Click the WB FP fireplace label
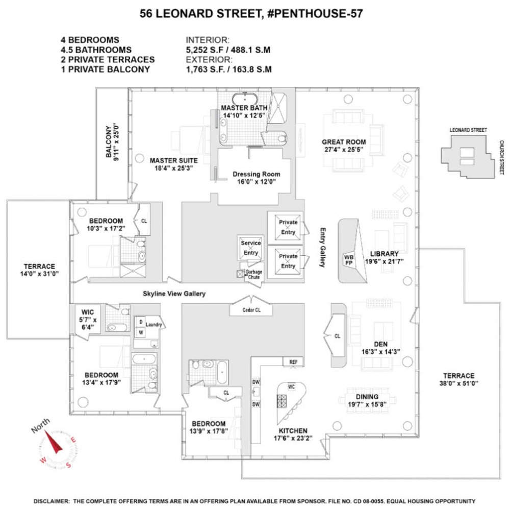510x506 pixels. [349, 260]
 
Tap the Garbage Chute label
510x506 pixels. [253, 274]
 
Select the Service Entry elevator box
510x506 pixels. [250, 248]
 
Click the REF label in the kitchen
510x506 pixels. [293, 362]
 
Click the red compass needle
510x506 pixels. [53, 442]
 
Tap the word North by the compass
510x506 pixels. [41, 425]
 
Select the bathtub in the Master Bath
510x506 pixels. [245, 99]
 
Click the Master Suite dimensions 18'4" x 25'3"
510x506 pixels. [174, 168]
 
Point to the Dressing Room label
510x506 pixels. [257, 174]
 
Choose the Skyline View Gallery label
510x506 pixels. [174, 294]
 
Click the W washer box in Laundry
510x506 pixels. [141, 332]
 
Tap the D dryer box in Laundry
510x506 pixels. [141, 322]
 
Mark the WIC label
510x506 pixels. [88, 312]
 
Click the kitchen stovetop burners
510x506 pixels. [282, 401]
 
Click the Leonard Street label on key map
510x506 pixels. [468, 130]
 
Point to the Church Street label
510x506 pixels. [501, 158]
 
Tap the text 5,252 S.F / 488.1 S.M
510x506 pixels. [228, 50]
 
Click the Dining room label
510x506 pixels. [367, 397]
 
